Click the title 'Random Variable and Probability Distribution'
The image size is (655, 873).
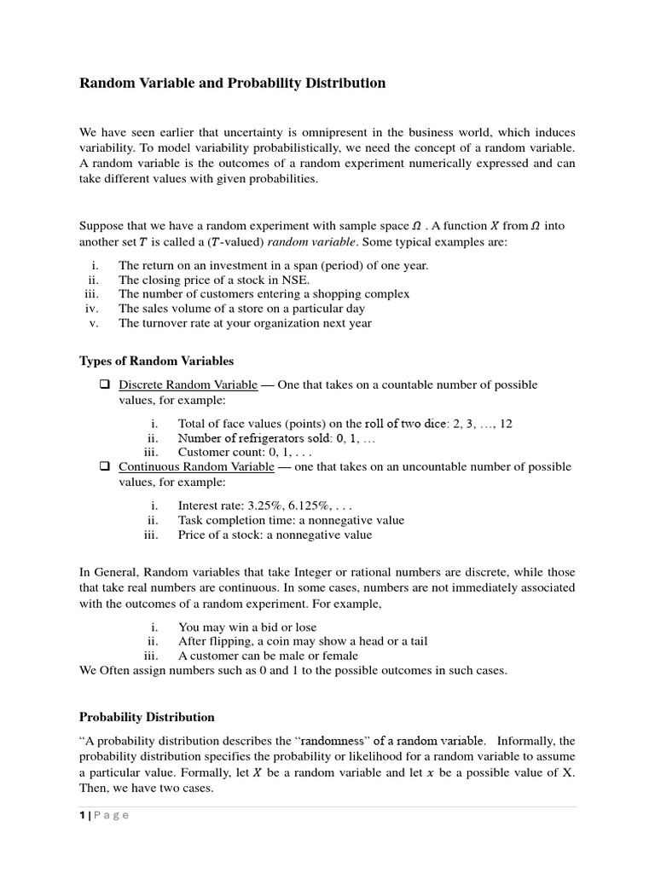tap(232, 84)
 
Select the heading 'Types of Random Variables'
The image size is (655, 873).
tap(156, 361)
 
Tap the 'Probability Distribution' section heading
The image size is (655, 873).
tap(147, 717)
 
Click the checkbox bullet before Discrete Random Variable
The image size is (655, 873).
tap(104, 384)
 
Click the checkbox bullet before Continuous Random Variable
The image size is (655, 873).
tap(104, 467)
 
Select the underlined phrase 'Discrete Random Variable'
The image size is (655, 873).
tap(188, 384)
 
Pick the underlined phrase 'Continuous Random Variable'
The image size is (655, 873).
tap(196, 467)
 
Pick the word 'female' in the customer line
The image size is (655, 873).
tap(338, 656)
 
